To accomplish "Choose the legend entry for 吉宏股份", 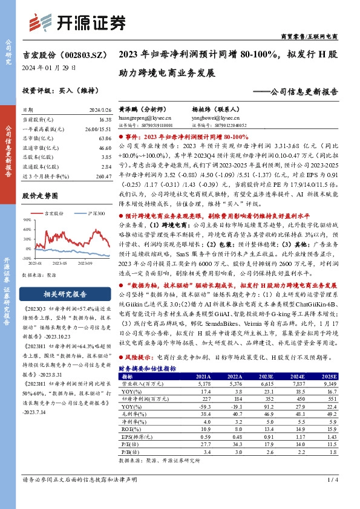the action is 52,214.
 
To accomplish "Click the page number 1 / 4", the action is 332,480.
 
